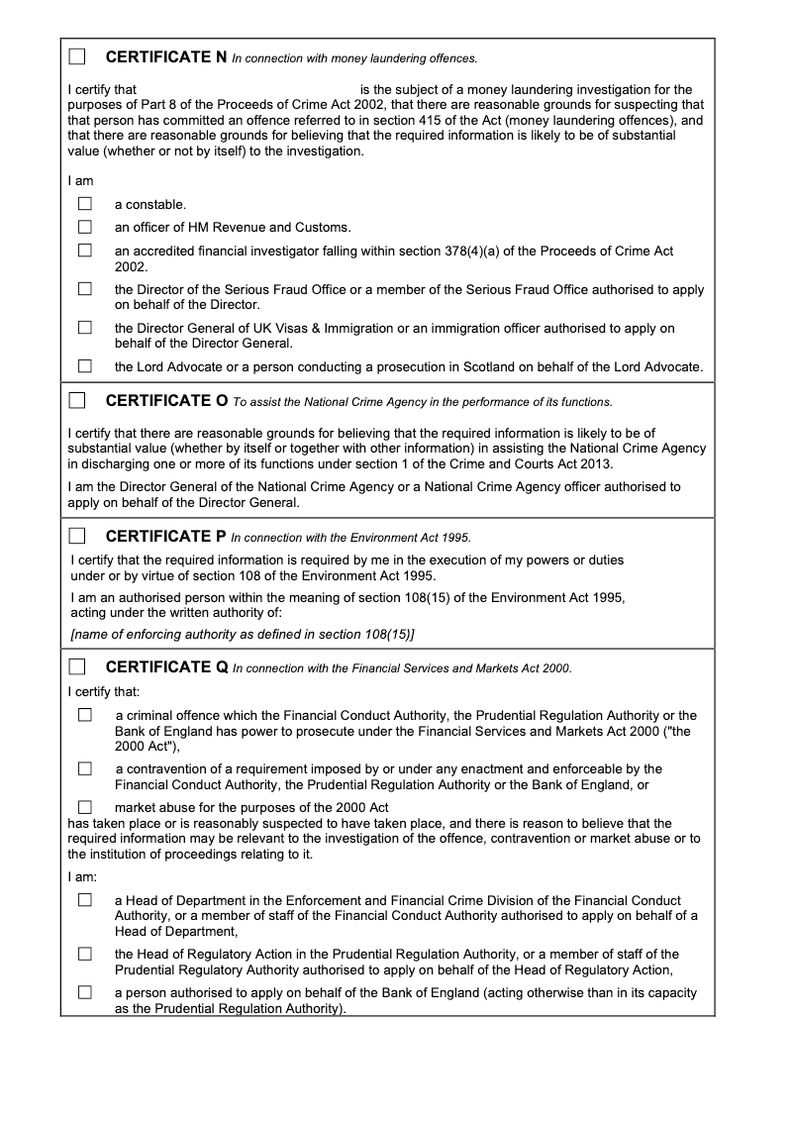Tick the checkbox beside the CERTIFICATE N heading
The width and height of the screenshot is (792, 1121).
pos(77,56)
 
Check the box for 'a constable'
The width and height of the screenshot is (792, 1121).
pos(85,204)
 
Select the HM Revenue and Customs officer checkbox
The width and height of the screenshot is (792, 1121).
pos(85,227)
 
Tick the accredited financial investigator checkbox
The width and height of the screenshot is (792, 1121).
pos(85,251)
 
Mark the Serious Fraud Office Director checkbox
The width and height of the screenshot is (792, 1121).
pos(85,289)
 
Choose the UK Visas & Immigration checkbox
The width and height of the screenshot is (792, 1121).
pos(85,327)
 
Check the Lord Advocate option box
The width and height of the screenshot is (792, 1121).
pos(85,365)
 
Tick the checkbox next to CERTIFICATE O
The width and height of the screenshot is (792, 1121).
pos(77,401)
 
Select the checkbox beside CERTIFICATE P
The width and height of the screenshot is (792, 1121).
pos(77,537)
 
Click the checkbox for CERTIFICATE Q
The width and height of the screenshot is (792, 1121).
pos(77,666)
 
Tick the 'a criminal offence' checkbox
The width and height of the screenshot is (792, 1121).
pos(85,715)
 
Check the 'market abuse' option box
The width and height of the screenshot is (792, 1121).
pos(85,807)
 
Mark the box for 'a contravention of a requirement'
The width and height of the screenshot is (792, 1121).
pos(85,768)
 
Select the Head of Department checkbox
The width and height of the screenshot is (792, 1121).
pos(85,900)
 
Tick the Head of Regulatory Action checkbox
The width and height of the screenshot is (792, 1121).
pos(85,954)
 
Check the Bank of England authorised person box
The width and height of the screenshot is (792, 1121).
pos(85,991)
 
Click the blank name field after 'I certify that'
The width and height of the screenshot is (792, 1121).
pos(247,90)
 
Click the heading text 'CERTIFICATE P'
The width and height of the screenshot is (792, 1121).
pos(165,537)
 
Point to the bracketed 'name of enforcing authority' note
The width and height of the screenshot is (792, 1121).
pos(243,634)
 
